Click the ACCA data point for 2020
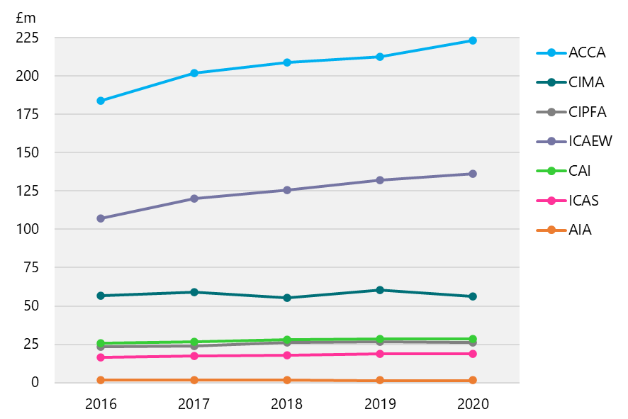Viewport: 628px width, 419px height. point(473,40)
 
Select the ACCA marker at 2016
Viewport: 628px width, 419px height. point(101,101)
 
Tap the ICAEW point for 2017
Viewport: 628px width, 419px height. point(194,199)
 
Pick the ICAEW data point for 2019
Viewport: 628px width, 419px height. point(380,180)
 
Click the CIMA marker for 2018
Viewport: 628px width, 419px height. point(287,298)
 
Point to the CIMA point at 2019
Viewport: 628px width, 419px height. point(380,290)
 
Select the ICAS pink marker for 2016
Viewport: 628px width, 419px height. point(101,357)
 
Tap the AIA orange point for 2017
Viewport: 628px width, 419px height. point(194,380)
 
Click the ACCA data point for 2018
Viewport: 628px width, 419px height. point(287,62)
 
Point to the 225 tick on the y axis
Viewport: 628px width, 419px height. point(27,38)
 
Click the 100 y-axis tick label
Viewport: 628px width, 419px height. point(27,230)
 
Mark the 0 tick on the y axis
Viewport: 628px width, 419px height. point(33,383)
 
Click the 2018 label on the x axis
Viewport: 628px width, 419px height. point(287,404)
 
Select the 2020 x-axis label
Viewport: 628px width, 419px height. point(473,404)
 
